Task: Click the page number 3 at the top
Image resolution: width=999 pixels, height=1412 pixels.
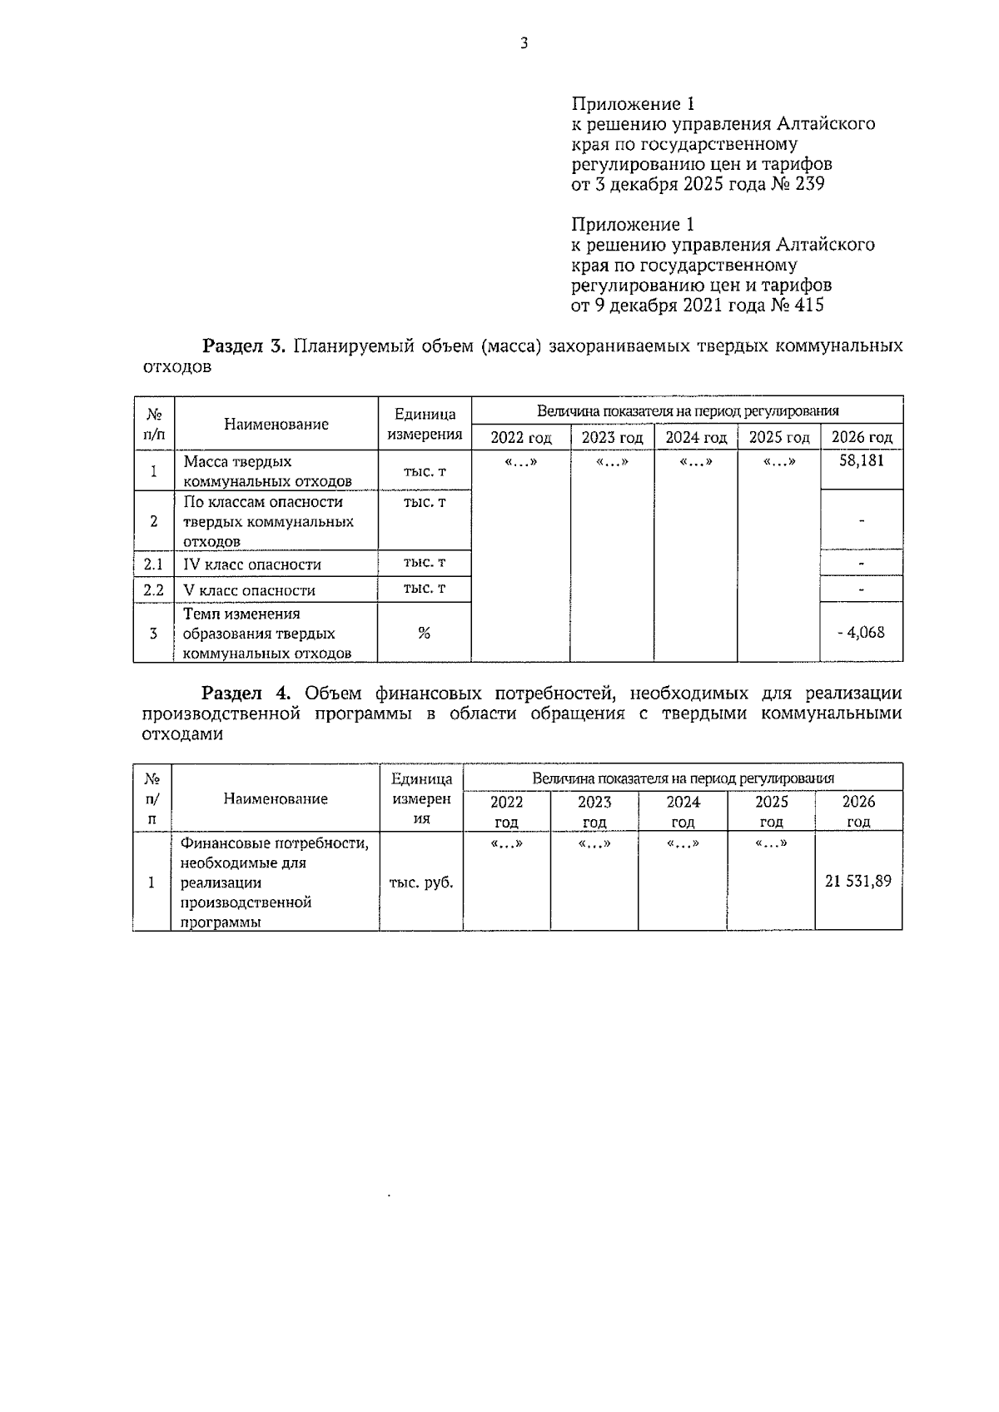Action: click(x=524, y=44)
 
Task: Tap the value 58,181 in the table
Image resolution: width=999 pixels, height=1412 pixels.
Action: click(x=861, y=460)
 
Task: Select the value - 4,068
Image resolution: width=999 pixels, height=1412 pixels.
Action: click(x=861, y=632)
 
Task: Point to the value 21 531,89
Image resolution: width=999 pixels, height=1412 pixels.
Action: click(x=857, y=881)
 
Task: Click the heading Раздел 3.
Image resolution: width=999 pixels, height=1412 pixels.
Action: click(x=245, y=346)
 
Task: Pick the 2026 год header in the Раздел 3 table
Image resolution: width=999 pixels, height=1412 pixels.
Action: click(x=862, y=437)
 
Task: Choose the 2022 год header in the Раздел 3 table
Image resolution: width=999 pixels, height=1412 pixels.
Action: click(x=521, y=437)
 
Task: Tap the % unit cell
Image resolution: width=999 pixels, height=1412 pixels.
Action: click(x=424, y=633)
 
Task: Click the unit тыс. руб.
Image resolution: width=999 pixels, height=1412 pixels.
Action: click(x=421, y=882)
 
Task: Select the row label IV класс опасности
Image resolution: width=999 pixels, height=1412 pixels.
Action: click(x=252, y=564)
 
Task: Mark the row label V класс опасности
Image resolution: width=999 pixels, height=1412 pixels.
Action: click(x=249, y=590)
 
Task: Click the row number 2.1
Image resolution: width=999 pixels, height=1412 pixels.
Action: click(x=154, y=564)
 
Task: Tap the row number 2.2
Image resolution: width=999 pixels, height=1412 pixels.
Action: click(x=154, y=589)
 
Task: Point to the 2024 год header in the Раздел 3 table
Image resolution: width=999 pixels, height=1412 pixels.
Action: click(x=696, y=437)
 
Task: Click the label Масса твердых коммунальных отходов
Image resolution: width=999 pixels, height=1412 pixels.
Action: click(x=267, y=471)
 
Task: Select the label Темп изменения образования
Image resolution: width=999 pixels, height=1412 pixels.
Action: click(x=266, y=633)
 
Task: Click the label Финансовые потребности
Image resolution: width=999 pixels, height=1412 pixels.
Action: click(x=275, y=844)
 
